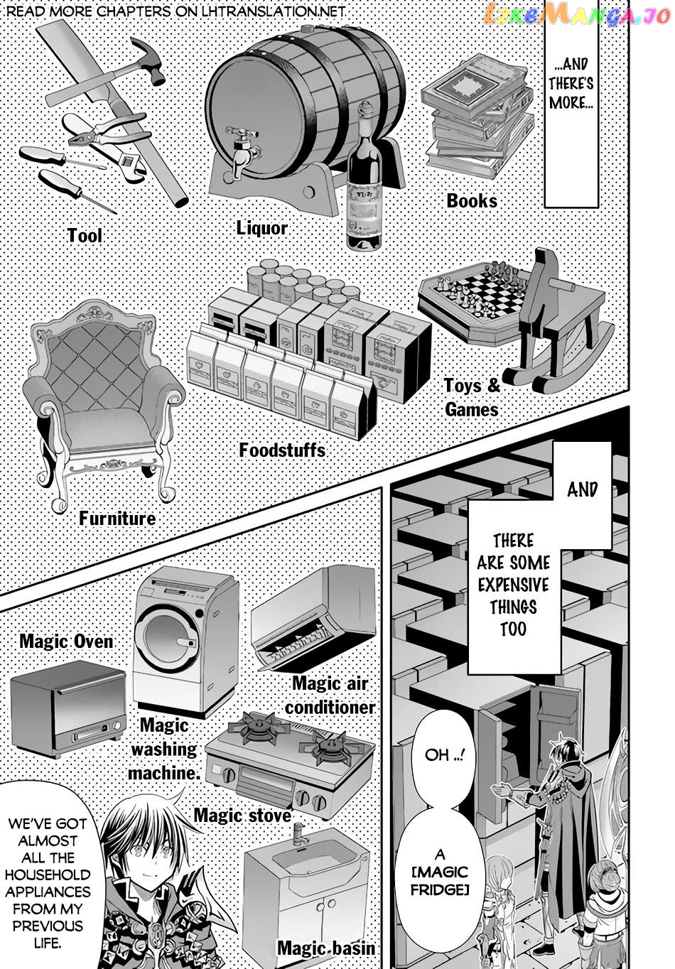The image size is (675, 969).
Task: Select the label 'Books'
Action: click(x=472, y=201)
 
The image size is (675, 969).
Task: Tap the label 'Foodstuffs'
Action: click(x=282, y=450)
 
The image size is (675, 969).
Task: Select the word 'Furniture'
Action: click(x=117, y=519)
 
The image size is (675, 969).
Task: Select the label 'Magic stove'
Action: click(x=242, y=815)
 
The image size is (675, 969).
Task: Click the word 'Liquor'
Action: click(x=262, y=228)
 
